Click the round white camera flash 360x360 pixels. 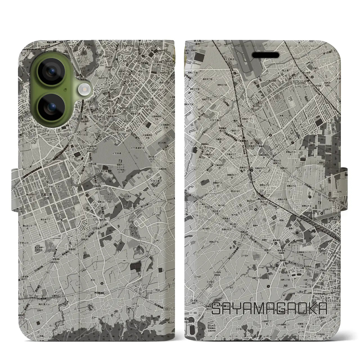[x=84, y=90]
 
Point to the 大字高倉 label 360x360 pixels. [x=118, y=154]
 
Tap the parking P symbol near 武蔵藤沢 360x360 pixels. [x=250, y=143]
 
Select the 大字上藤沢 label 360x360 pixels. [x=157, y=181]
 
